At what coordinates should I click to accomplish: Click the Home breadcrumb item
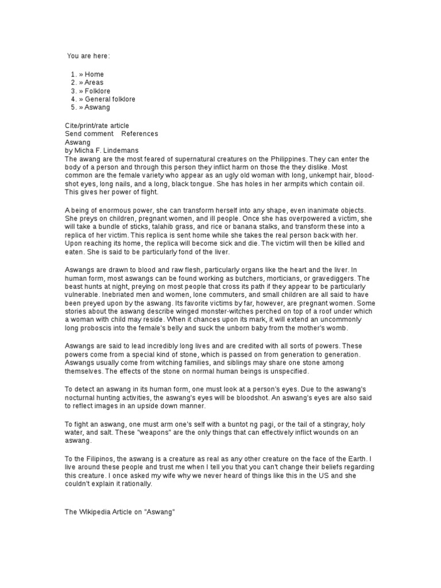coord(94,75)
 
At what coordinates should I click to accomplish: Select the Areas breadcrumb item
coord(94,83)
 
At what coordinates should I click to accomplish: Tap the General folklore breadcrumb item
coord(110,99)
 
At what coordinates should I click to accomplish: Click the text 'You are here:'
coord(88,56)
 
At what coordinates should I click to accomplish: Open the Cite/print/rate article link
coord(96,126)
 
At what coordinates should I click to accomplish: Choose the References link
coord(140,134)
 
